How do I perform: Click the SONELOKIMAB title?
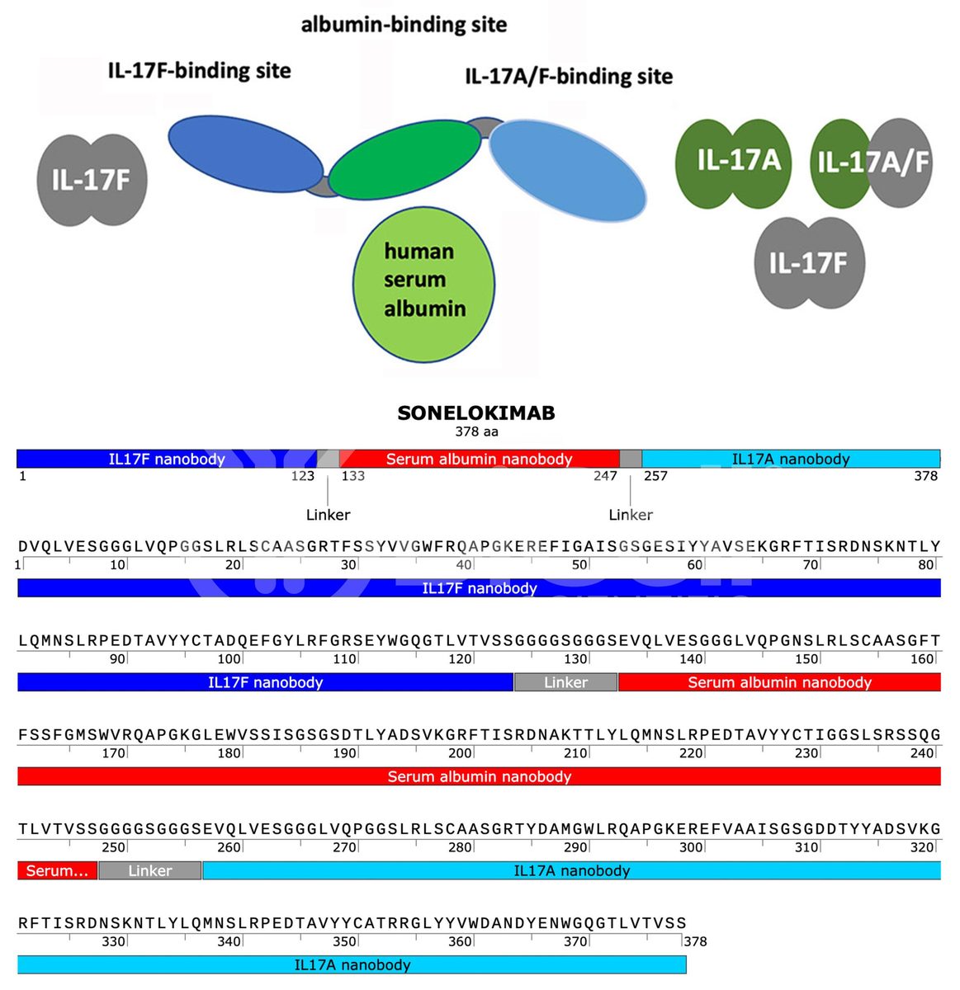[x=476, y=412]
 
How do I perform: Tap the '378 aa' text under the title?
[x=476, y=432]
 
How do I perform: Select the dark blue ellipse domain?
[x=245, y=153]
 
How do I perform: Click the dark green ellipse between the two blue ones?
[x=404, y=160]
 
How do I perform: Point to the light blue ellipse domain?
[x=568, y=171]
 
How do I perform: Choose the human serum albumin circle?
[x=423, y=285]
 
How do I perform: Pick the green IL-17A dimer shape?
[x=733, y=164]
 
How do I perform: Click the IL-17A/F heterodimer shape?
[x=871, y=163]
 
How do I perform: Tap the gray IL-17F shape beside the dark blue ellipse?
[x=92, y=180]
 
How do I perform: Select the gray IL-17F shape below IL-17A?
[x=809, y=263]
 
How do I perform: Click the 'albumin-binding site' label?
[x=404, y=25]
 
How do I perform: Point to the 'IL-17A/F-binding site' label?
[x=569, y=76]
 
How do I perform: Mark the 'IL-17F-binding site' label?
[x=200, y=70]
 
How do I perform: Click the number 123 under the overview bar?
[x=303, y=476]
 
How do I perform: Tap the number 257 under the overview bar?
[x=655, y=476]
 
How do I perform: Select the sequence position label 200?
[x=460, y=753]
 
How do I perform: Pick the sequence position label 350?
[x=344, y=941]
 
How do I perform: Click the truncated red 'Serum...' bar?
[x=58, y=870]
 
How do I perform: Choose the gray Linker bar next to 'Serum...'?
[x=150, y=870]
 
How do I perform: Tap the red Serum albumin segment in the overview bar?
[x=480, y=459]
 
